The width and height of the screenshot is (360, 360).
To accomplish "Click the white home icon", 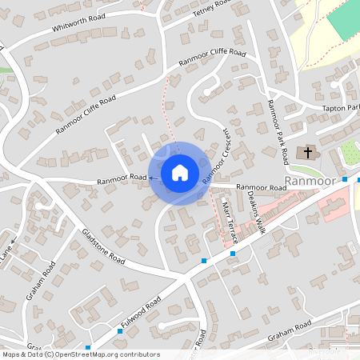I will [x=180, y=172].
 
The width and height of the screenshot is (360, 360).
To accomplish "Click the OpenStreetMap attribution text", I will [x=80, y=354].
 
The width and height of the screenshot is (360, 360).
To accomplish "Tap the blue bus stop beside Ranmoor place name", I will [x=344, y=180].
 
